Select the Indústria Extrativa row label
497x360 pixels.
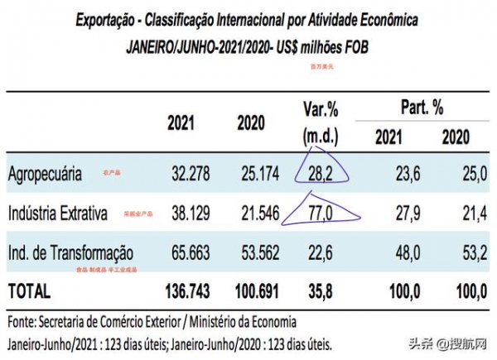coord(58,214)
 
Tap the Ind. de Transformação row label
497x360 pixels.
coord(70,252)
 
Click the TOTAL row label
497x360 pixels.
coord(29,290)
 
